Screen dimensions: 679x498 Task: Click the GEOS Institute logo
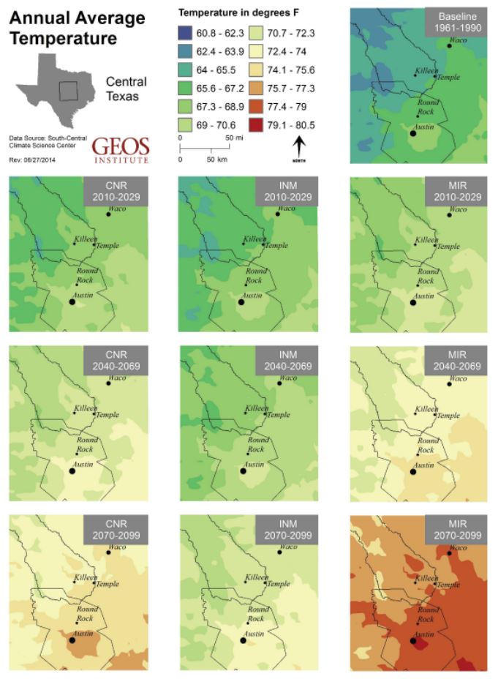[121, 149]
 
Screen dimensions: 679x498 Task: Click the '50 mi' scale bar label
[233, 138]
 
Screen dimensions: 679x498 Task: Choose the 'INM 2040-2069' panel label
[283, 361]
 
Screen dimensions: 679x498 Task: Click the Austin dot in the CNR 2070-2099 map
[72, 639]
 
